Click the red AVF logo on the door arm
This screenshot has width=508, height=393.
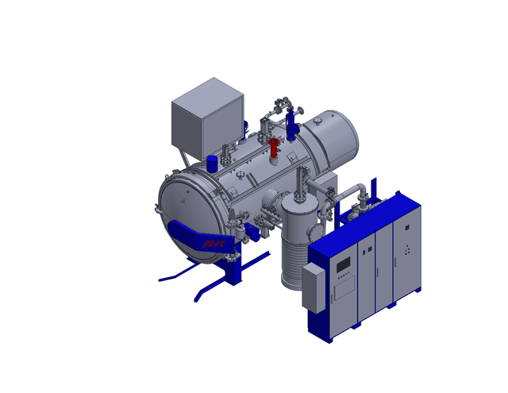[214, 243]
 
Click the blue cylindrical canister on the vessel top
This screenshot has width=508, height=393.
[212, 164]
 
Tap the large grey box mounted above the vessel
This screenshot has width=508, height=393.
[207, 118]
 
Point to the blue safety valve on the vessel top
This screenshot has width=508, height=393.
[291, 125]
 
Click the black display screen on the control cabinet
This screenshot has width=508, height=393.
[344, 264]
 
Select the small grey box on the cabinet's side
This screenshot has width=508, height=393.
[314, 288]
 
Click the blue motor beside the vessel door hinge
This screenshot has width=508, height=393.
[252, 231]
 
